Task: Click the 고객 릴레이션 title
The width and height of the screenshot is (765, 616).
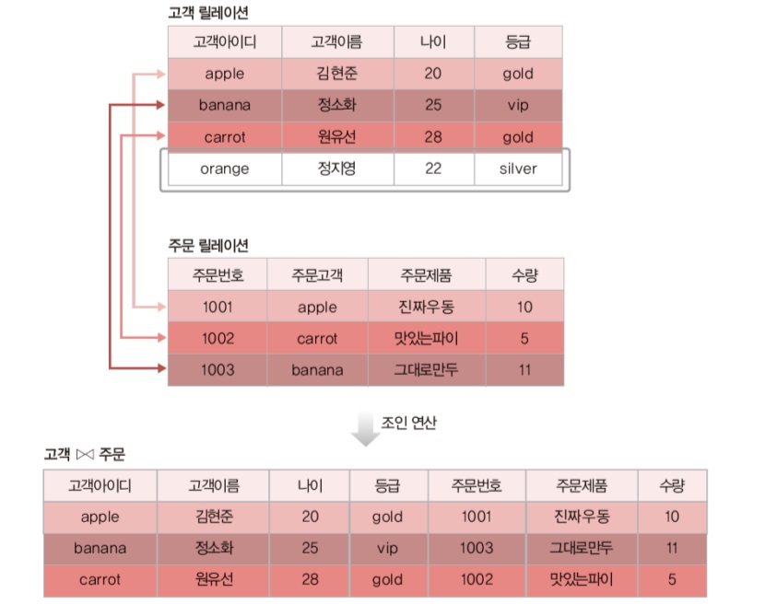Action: [x=207, y=14]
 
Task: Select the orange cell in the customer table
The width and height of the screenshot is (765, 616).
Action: [x=224, y=169]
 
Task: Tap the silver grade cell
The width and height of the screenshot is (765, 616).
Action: [x=517, y=169]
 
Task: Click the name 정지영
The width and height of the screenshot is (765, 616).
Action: [x=336, y=169]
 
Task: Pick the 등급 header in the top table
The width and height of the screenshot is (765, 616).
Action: [x=517, y=41]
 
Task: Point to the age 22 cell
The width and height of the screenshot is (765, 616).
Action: [x=433, y=169]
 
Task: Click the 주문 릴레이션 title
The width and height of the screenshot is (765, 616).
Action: [x=207, y=246]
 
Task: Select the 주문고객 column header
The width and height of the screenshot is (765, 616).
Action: [x=317, y=274]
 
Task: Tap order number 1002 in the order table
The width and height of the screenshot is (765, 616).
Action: [x=218, y=338]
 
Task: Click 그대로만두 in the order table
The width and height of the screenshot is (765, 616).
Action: [x=426, y=369]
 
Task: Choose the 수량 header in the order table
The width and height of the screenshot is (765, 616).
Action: [x=524, y=274]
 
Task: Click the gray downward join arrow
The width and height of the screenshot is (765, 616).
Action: [x=366, y=430]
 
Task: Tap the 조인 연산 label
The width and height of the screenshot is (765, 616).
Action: [x=409, y=423]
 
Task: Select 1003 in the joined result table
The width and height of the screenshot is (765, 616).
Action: [x=477, y=548]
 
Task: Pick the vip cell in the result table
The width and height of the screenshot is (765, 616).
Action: [x=387, y=548]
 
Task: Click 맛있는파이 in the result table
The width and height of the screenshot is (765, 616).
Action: [x=582, y=580]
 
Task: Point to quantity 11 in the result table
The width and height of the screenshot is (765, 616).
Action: [x=672, y=548]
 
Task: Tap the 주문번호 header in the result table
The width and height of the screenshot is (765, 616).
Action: [x=477, y=485]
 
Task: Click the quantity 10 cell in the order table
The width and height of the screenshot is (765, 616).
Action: [x=524, y=307]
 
